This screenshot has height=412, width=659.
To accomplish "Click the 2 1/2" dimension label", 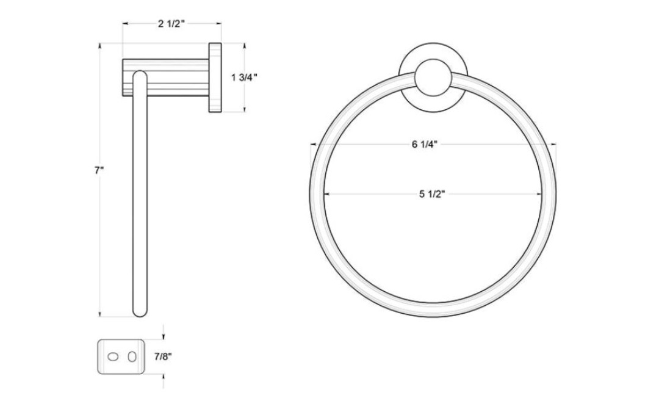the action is tap(171, 24).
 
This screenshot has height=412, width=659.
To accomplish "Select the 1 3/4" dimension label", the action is tap(244, 78).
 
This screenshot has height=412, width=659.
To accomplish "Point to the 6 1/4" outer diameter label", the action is tap(425, 145).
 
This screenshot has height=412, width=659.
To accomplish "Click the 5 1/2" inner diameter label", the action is tap(432, 194).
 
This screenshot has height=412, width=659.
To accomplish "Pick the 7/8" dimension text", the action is tap(163, 357).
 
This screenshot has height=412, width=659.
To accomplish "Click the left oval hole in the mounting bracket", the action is tap(113, 357).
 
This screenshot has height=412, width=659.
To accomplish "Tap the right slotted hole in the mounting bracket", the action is tap(132, 357).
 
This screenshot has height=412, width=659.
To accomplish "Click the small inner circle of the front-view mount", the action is tap(433, 78).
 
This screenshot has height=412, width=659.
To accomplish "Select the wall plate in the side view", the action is tap(215, 78).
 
